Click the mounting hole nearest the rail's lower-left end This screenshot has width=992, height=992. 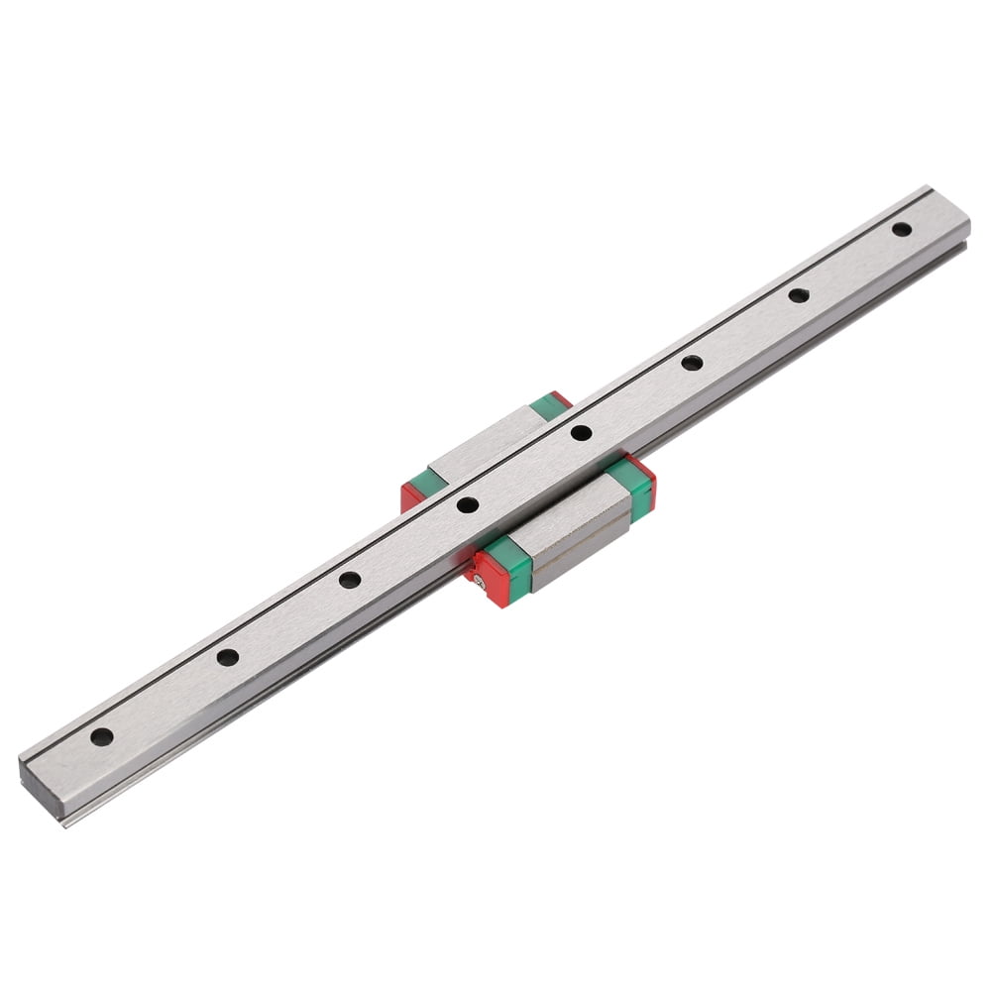pyautogui.click(x=101, y=736)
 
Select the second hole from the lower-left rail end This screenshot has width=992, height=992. pyautogui.click(x=228, y=656)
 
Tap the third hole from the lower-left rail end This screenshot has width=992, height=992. pyautogui.click(x=349, y=579)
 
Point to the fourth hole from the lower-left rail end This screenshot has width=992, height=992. pyautogui.click(x=468, y=504)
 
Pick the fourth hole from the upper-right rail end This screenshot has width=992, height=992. pyautogui.click(x=581, y=432)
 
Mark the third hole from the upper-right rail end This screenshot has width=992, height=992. pyautogui.click(x=692, y=363)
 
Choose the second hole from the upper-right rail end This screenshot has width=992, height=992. pyautogui.click(x=799, y=294)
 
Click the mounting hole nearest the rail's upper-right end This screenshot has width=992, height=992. pyautogui.click(x=902, y=229)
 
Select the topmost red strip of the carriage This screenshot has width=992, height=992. pyautogui.click(x=562, y=398)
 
